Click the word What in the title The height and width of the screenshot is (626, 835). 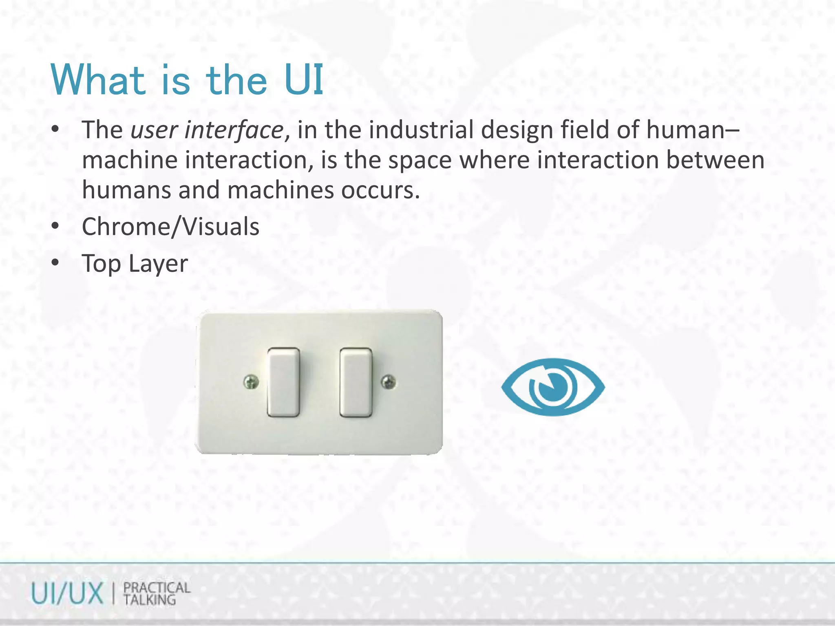(x=98, y=80)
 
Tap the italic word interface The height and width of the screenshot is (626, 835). (x=233, y=130)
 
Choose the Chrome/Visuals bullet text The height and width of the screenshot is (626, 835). (x=170, y=227)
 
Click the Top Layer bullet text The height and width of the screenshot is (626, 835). (x=135, y=264)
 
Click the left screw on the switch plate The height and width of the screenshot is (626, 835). (x=251, y=382)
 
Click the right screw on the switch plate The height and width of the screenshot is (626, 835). (x=388, y=382)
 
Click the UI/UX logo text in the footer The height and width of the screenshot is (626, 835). (x=67, y=594)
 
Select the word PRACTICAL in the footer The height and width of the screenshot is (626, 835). (x=157, y=588)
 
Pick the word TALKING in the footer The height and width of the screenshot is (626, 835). (x=150, y=600)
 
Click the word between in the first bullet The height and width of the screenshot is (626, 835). (x=715, y=160)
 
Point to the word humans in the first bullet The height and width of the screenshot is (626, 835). (x=126, y=190)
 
